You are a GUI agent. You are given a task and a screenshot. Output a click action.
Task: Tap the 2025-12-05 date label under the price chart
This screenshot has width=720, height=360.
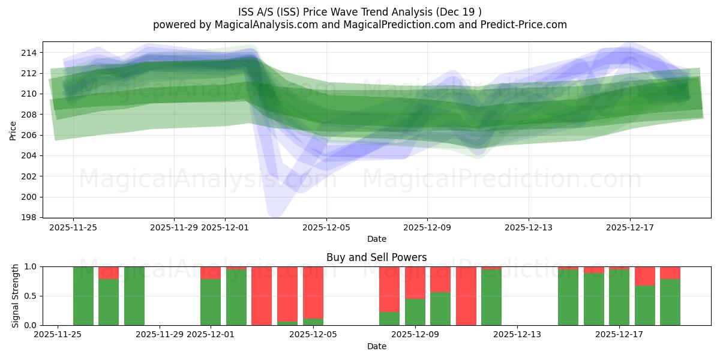point(326,227)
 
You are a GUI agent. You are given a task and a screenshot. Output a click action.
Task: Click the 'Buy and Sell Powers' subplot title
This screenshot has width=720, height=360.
point(376,257)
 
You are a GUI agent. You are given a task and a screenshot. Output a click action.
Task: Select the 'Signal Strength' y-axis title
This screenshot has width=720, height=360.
point(16,296)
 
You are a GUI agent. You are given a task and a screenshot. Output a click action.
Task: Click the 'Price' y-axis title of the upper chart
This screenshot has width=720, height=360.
point(13,130)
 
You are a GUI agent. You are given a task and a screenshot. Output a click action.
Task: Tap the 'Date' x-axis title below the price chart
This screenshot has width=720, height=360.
point(376,239)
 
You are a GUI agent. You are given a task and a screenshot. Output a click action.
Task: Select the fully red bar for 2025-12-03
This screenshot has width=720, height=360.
point(262,296)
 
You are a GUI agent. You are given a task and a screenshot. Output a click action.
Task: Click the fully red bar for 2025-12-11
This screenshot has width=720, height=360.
point(466,296)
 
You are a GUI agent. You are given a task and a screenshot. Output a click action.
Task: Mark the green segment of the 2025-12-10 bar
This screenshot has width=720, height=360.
point(440,309)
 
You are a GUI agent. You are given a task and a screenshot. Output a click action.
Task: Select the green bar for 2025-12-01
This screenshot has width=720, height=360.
point(211,302)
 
